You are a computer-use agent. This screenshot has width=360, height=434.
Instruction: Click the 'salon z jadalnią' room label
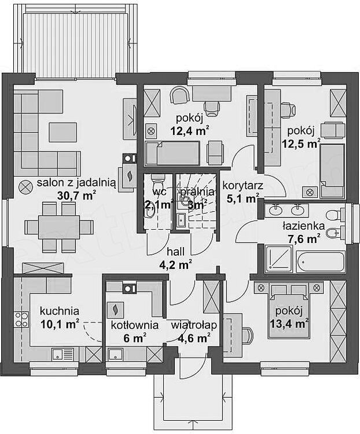76,183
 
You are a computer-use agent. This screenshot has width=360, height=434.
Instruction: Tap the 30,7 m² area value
76,195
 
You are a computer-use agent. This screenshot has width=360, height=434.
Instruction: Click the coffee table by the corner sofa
63,133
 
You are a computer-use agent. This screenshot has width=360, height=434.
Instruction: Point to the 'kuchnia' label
59,311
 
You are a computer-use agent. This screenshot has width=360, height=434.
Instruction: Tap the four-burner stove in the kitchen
21,319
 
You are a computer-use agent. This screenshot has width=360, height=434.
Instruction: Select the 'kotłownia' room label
135,325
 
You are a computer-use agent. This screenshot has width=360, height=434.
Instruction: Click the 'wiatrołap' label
193,325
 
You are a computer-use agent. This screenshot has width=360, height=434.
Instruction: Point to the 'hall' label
175,252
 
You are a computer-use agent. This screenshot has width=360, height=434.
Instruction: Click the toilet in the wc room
157,183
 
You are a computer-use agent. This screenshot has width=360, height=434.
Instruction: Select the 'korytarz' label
243,185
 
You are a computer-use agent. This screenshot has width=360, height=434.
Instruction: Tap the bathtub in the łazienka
321,262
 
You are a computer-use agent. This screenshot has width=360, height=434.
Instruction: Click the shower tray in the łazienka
278,258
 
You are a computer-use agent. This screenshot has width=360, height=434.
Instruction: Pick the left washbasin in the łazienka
275,211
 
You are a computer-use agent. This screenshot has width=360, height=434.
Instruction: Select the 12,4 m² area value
189,131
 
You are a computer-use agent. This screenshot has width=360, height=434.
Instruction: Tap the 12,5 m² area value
301,143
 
